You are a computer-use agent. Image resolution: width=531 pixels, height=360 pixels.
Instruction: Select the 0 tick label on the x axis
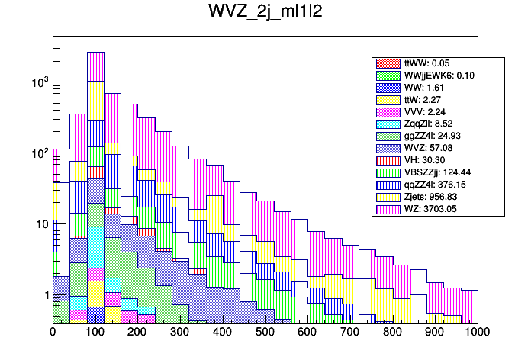click(53, 332)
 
